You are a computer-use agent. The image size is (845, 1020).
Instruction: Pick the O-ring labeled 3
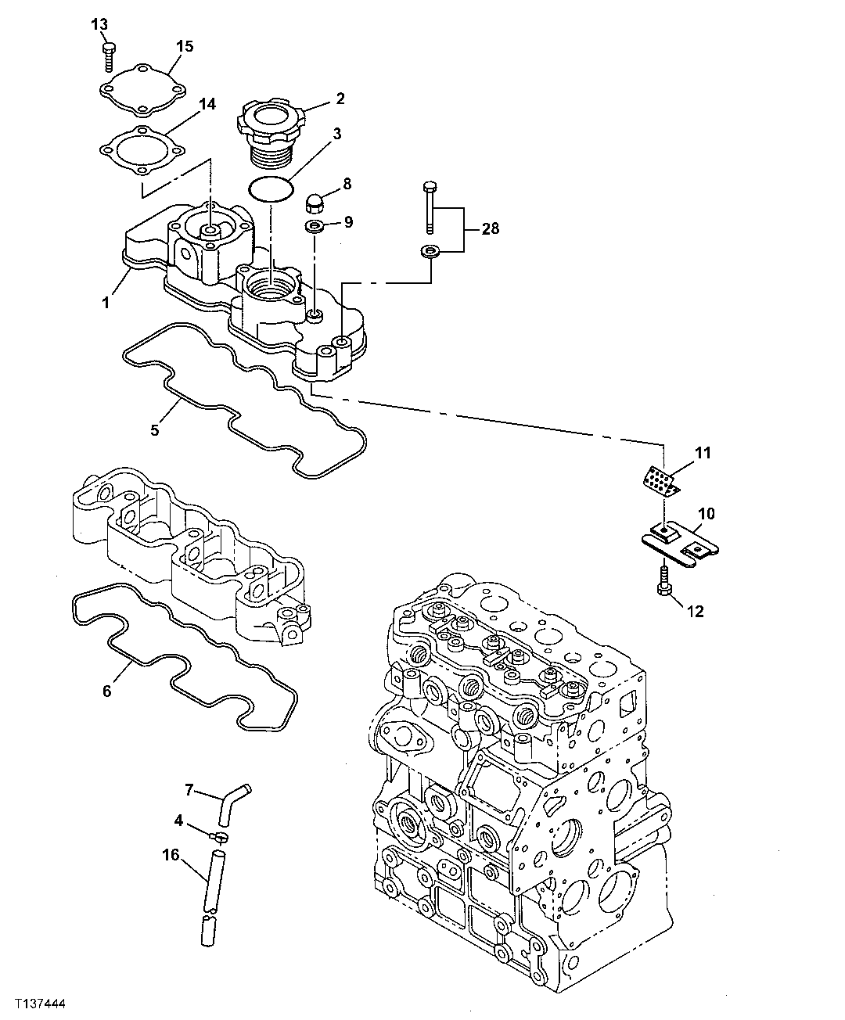[x=270, y=189]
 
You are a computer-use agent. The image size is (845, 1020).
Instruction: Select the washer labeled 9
[x=316, y=227]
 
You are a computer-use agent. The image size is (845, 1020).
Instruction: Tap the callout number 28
[x=490, y=229]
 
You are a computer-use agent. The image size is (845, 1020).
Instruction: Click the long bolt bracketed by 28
[x=429, y=207]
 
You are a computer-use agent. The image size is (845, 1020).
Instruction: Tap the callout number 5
[x=154, y=429]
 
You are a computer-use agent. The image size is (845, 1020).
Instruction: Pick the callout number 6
[x=106, y=691]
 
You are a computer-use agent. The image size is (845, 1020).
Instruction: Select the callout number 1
[x=106, y=302]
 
